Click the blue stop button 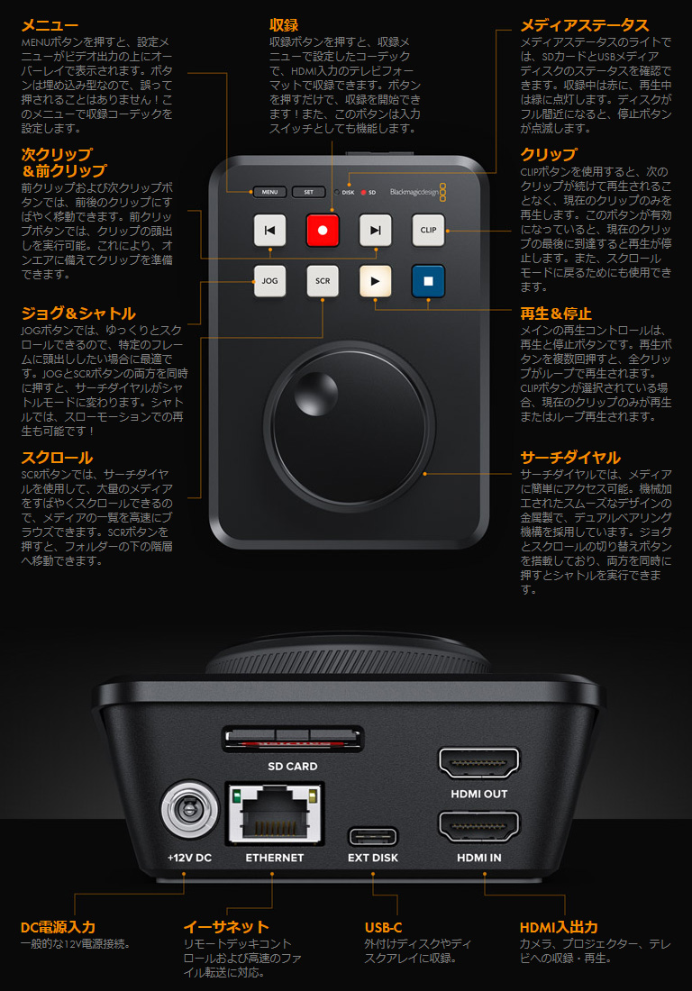[x=429, y=281]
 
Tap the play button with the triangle [x=376, y=281]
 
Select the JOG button [x=269, y=281]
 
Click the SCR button [x=323, y=281]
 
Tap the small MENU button [x=269, y=192]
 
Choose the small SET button [x=308, y=192]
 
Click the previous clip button [x=269, y=230]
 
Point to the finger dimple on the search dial [x=315, y=393]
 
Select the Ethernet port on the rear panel [x=275, y=814]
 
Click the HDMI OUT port [x=479, y=763]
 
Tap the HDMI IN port [x=479, y=827]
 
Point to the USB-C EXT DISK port [x=373, y=837]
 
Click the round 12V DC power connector [x=189, y=810]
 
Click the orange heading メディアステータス [x=585, y=25]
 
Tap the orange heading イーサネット [x=226, y=927]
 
